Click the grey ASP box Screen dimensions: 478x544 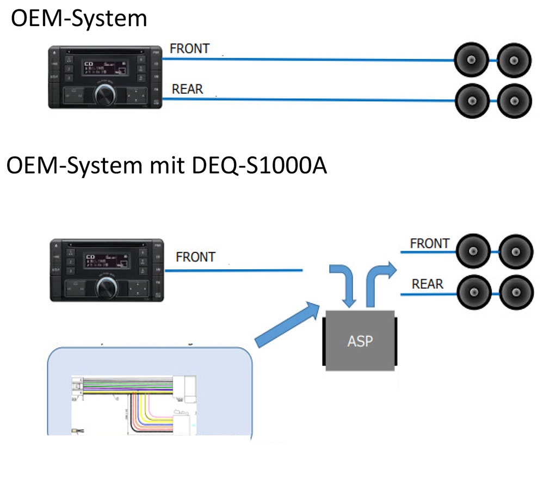pyautogui.click(x=360, y=340)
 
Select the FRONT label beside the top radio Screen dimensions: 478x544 pyautogui.click(x=189, y=49)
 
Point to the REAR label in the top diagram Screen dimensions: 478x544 pyautogui.click(x=187, y=88)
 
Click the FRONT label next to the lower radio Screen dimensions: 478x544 pyautogui.click(x=196, y=256)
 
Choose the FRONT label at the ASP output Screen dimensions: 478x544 pyautogui.click(x=429, y=243)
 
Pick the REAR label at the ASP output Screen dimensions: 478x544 pyautogui.click(x=427, y=284)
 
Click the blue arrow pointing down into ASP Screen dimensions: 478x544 pyautogui.click(x=343, y=282)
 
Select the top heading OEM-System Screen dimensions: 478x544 pyautogui.click(x=79, y=19)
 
